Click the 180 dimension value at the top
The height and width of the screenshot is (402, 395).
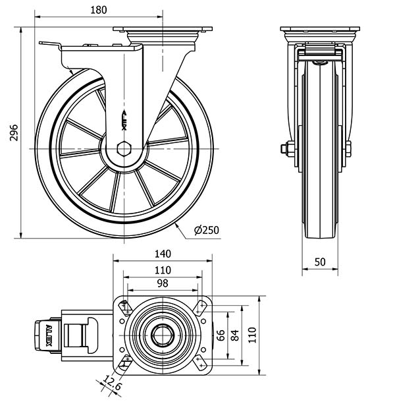pyautogui.click(x=99, y=10)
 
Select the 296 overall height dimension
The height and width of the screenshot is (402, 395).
pyautogui.click(x=14, y=132)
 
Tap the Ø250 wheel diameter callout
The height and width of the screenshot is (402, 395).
pyautogui.click(x=207, y=230)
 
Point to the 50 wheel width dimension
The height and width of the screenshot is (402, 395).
pyautogui.click(x=320, y=262)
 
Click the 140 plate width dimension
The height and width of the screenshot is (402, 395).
pyautogui.click(x=163, y=254)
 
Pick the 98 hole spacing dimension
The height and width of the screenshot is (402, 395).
pyautogui.click(x=163, y=283)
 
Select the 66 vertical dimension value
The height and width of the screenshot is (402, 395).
pyautogui.click(x=221, y=335)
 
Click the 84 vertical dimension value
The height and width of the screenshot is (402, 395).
pyautogui.click(x=234, y=335)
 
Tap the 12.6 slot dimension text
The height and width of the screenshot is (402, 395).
pyautogui.click(x=113, y=382)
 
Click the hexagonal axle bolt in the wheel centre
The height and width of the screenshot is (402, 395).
pyautogui.click(x=124, y=149)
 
